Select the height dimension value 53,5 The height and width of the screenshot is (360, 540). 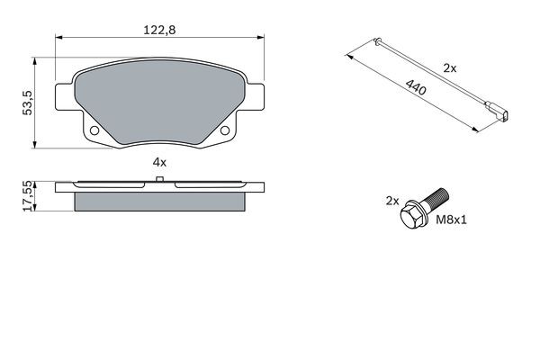pyautogui.click(x=29, y=103)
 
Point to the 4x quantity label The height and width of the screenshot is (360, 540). pyautogui.click(x=159, y=163)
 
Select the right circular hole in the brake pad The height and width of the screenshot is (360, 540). pyautogui.click(x=224, y=133)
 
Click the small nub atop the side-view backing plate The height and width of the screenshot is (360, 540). pyautogui.click(x=159, y=181)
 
